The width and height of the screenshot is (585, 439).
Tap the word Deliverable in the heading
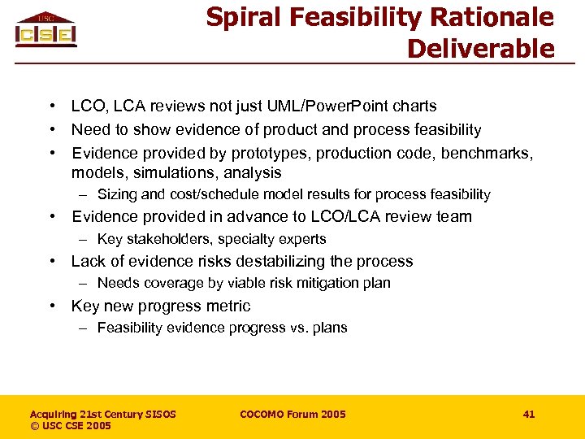point(480,49)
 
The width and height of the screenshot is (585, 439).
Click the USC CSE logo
point(46,30)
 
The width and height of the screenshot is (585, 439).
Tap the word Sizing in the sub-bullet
point(116,195)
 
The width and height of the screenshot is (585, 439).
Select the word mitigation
point(300,284)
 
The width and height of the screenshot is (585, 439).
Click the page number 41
point(529,415)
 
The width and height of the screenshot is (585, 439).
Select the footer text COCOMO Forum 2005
point(292,415)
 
